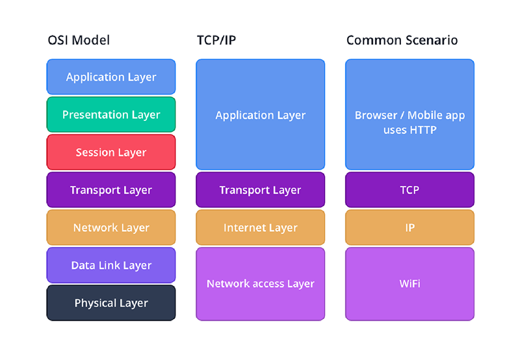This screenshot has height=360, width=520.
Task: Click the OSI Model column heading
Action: tap(79, 40)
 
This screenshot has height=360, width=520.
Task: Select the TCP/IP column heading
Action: tap(216, 40)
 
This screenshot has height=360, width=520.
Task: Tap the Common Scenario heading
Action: tap(402, 40)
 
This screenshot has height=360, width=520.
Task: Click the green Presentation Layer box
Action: tap(111, 115)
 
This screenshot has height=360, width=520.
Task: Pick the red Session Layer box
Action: tap(111, 152)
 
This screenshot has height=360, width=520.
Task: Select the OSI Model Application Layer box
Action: tap(111, 77)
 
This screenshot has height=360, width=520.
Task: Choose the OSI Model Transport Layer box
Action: tap(111, 190)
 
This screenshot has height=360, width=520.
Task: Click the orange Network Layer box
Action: tap(111, 227)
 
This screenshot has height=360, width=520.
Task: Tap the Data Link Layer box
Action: tap(111, 265)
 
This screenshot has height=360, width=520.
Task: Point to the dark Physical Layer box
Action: tap(111, 303)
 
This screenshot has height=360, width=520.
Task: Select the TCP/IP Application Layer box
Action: tap(261, 115)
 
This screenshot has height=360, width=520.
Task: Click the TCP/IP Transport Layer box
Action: tap(261, 190)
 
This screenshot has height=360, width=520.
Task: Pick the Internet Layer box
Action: tap(261, 227)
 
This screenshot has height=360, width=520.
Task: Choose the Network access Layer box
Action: tap(261, 284)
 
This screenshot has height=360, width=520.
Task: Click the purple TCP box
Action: tap(409, 190)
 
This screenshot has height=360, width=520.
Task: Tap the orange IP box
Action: tap(409, 227)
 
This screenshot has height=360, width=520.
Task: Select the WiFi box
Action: tap(409, 284)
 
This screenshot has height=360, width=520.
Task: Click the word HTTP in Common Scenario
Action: tap(422, 130)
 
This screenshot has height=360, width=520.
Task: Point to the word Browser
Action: tap(376, 115)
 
